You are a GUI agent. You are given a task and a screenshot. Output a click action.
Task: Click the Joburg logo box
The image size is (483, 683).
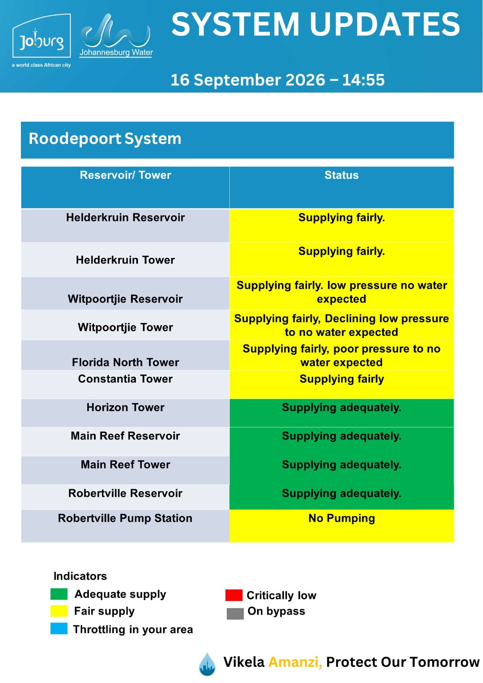tap(41, 36)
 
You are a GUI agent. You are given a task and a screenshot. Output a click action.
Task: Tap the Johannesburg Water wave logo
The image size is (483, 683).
tap(116, 35)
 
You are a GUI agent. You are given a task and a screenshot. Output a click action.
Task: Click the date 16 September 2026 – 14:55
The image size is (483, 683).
tap(277, 79)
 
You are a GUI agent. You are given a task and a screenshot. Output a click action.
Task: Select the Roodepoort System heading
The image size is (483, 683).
tap(105, 138)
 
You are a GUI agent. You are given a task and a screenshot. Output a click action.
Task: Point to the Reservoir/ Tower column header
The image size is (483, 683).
tap(125, 175)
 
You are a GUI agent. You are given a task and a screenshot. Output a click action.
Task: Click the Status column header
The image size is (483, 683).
tap(341, 175)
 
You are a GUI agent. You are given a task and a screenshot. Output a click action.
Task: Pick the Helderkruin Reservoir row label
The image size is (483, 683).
tap(126, 217)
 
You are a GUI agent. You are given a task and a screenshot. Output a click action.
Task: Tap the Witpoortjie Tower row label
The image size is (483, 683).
tap(126, 327)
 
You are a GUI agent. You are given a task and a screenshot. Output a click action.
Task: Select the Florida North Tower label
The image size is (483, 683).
tap(126, 362)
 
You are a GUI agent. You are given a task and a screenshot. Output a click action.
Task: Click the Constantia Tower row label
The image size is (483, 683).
tap(126, 379)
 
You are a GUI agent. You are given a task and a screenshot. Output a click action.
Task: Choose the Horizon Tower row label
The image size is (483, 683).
tap(126, 407)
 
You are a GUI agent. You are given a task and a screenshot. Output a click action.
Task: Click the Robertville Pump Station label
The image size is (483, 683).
tap(125, 518)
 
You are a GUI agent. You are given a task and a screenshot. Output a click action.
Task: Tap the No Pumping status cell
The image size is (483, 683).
tap(342, 525)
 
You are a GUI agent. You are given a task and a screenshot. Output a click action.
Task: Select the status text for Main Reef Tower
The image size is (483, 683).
tap(341, 465)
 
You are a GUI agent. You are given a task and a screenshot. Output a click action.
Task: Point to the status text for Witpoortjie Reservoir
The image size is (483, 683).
tap(341, 292)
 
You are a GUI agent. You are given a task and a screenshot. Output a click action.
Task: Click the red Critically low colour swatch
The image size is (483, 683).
tap(234, 595)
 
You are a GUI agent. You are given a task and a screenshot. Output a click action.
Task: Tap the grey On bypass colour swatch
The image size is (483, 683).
tap(235, 613)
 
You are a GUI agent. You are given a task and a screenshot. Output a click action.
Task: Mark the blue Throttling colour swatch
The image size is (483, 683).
tap(59, 628)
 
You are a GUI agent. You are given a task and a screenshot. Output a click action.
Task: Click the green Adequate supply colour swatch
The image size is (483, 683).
tap(59, 594)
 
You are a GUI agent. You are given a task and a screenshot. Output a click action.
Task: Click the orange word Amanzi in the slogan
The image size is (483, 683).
tap(295, 662)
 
